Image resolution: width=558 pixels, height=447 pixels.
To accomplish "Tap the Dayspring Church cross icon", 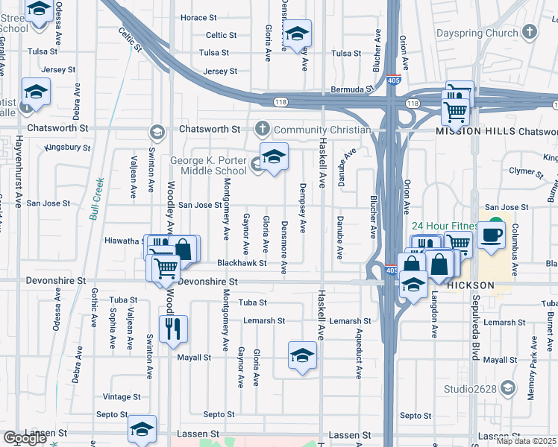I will tap(530, 32).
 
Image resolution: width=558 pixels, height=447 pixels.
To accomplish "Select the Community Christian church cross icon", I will tap(262, 130).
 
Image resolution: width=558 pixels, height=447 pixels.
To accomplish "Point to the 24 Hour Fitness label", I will tap(443, 226).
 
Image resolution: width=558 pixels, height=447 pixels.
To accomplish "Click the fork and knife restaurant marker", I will tap(173, 329).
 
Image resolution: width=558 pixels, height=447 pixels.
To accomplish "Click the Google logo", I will tap(25, 438).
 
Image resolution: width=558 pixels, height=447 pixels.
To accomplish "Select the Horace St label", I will tap(198, 17).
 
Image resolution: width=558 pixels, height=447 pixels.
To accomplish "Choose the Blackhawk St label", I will tap(242, 263).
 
